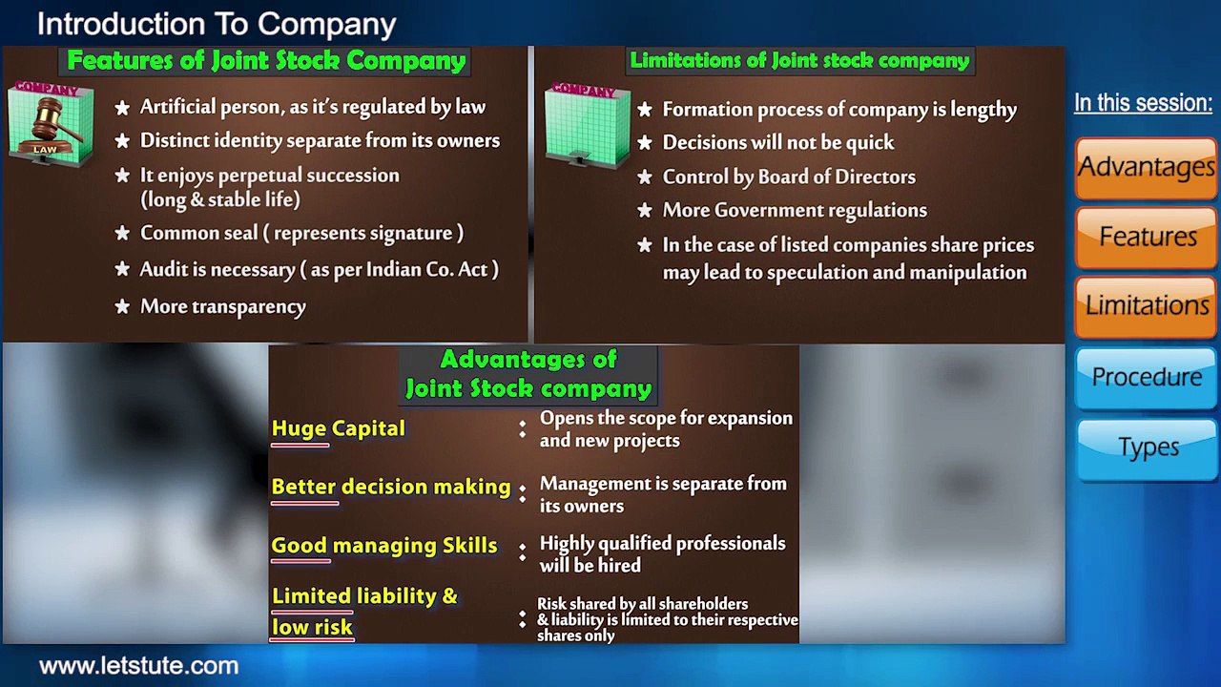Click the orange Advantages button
(x=1146, y=167)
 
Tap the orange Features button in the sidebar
(x=1146, y=236)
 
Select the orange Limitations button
(x=1146, y=305)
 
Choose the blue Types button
(x=1146, y=447)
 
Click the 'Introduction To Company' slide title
(x=217, y=24)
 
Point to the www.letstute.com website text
(x=138, y=666)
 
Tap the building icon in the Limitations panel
(x=586, y=126)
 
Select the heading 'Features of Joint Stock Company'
(x=266, y=61)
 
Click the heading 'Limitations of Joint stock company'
(x=799, y=61)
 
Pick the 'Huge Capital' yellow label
(x=338, y=429)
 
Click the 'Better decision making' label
(x=390, y=487)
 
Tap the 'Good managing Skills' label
(x=383, y=546)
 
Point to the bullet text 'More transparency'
(x=222, y=306)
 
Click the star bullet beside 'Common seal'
(x=122, y=234)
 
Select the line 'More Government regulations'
(x=794, y=211)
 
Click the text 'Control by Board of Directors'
(x=788, y=177)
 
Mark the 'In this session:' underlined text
(x=1143, y=103)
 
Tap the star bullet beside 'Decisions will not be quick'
(x=645, y=143)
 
